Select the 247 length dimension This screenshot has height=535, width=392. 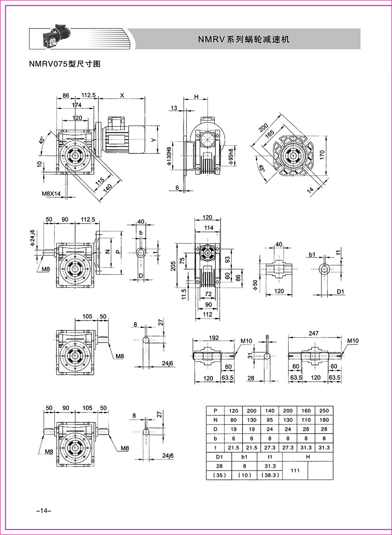pos(314,333)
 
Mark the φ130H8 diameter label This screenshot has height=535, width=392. pos(169,156)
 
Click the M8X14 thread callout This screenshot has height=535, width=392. pos(51,193)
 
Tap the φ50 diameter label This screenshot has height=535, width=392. pos(255,285)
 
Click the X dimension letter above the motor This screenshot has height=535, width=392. pos(122,95)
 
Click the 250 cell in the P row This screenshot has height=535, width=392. pos(324,410)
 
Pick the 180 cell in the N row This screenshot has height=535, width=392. pos(324,420)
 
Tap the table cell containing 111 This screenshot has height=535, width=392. pos(295,470)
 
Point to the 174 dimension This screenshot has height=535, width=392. pos(77,105)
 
